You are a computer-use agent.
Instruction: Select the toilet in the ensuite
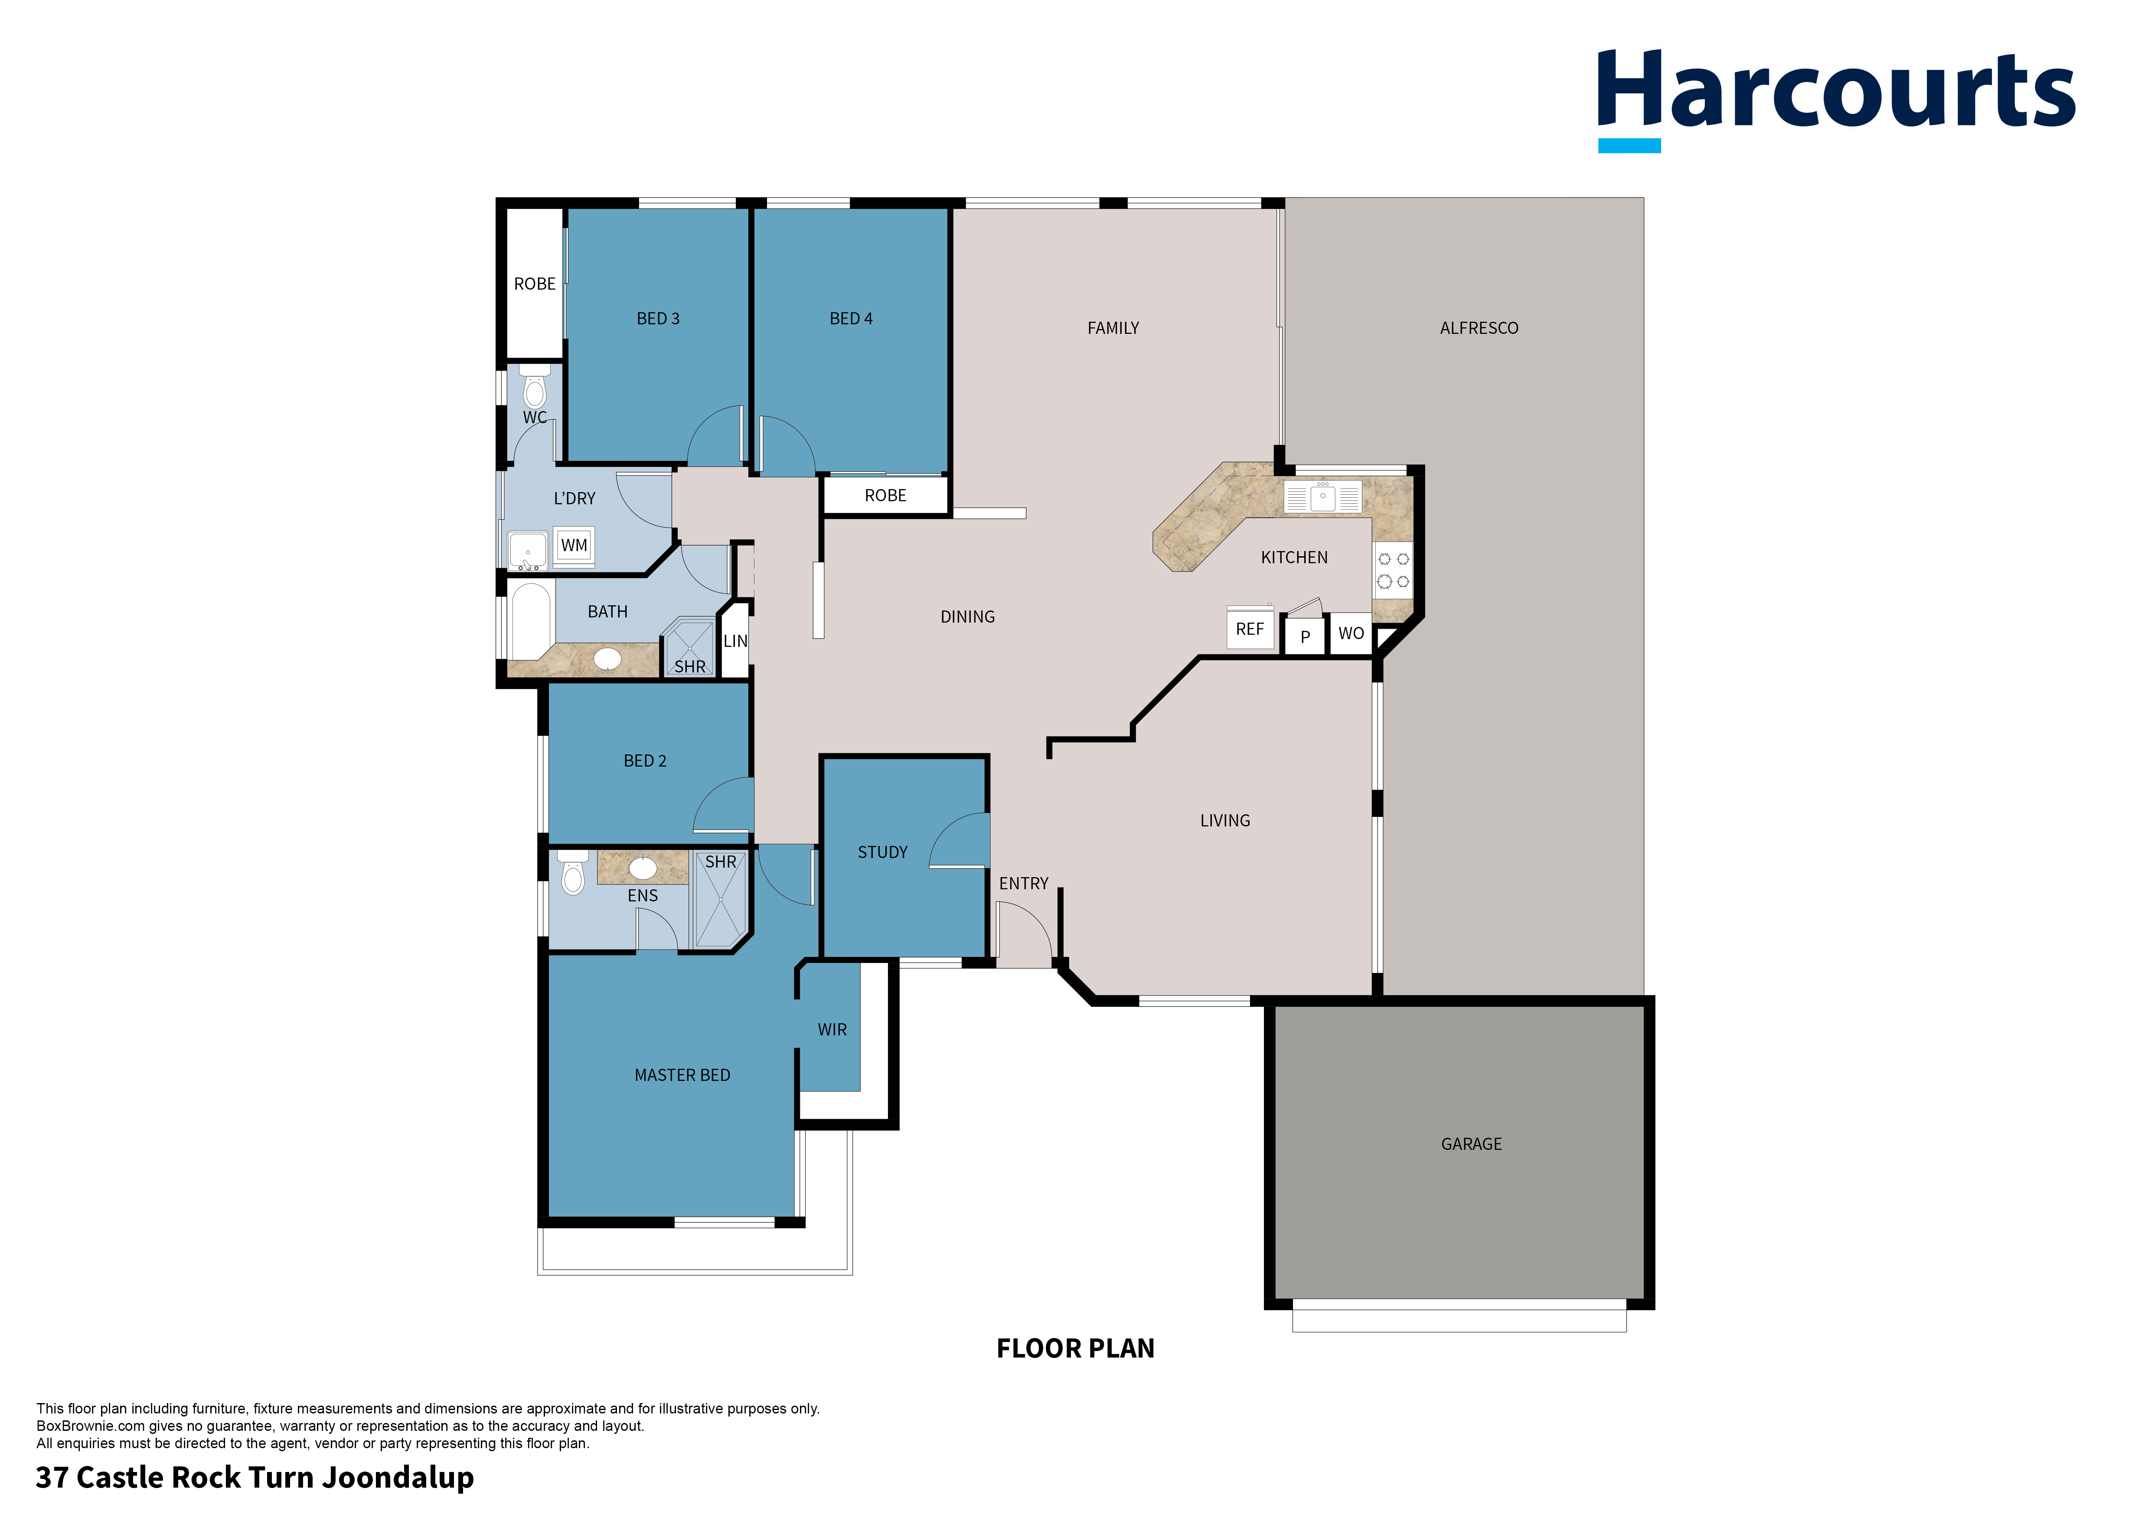572,874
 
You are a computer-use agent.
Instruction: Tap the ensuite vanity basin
643,867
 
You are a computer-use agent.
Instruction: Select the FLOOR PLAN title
1075,1349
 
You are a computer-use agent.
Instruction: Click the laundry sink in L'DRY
527,551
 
